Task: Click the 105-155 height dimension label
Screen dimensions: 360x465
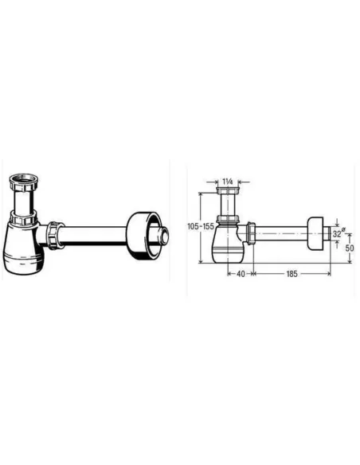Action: point(201,226)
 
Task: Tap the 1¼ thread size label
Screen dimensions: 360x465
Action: point(228,182)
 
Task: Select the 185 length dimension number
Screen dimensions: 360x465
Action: point(292,274)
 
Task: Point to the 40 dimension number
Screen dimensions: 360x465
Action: point(241,274)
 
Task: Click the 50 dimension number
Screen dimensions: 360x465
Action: point(350,248)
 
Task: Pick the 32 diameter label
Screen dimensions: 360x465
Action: point(338,233)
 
